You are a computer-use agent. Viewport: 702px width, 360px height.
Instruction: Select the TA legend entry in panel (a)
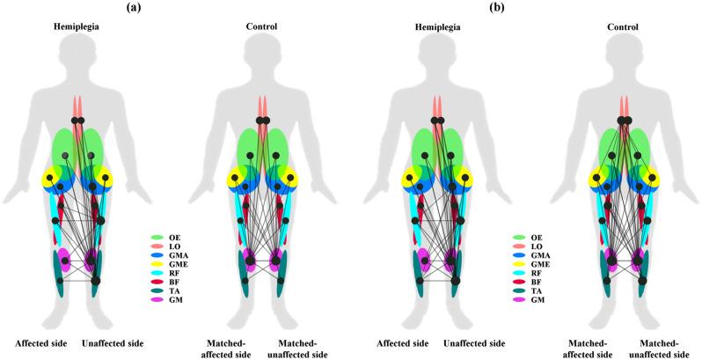pyautogui.click(x=173, y=290)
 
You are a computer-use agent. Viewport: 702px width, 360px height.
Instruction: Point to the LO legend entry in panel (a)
pyautogui.click(x=173, y=245)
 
